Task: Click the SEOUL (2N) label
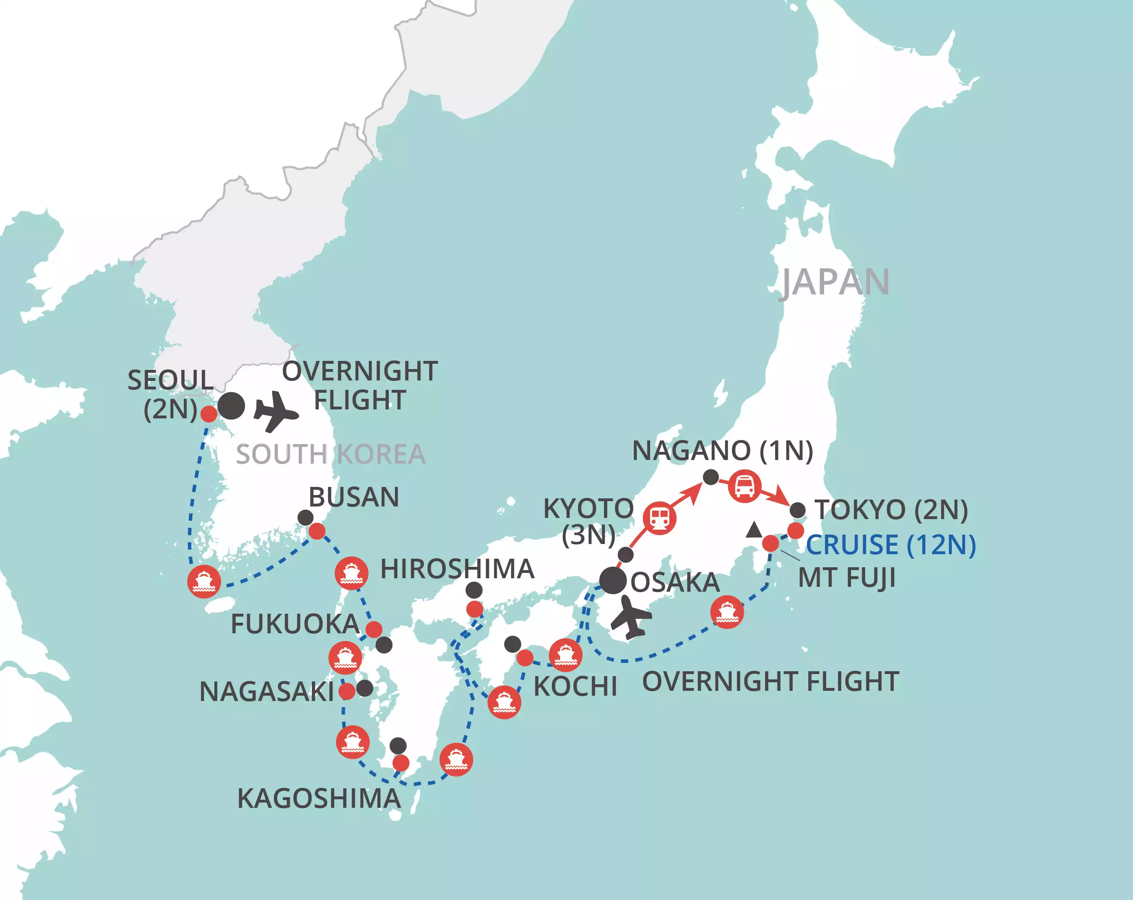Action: click(x=170, y=394)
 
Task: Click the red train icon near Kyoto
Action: click(x=659, y=518)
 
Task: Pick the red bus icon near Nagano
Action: click(x=745, y=486)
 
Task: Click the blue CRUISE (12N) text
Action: click(x=891, y=545)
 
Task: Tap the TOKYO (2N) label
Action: click(x=891, y=510)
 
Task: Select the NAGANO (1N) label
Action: click(x=723, y=451)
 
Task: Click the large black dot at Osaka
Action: click(x=613, y=581)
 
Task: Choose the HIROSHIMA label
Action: click(x=457, y=569)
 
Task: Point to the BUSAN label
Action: click(x=354, y=498)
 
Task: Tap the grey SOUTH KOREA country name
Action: click(x=331, y=454)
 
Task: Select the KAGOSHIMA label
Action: click(x=319, y=798)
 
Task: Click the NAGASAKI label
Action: click(x=267, y=691)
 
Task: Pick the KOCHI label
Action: click(x=575, y=686)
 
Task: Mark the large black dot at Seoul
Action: click(x=231, y=406)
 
